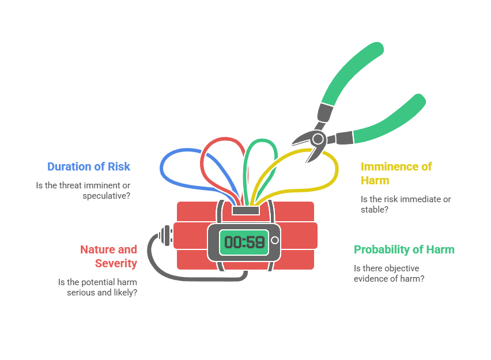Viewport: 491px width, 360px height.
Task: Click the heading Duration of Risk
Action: [89, 166]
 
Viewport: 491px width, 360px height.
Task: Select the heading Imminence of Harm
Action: [396, 173]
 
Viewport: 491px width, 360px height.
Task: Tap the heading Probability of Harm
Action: [404, 249]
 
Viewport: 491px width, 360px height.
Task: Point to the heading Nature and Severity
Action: [109, 256]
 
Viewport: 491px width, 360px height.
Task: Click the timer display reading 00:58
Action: [244, 241]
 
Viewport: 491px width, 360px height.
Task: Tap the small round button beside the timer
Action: [275, 240]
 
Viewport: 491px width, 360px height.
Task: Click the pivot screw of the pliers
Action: [318, 138]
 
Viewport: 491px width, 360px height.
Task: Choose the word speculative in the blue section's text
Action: [105, 195]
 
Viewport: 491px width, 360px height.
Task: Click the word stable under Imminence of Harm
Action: [374, 210]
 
